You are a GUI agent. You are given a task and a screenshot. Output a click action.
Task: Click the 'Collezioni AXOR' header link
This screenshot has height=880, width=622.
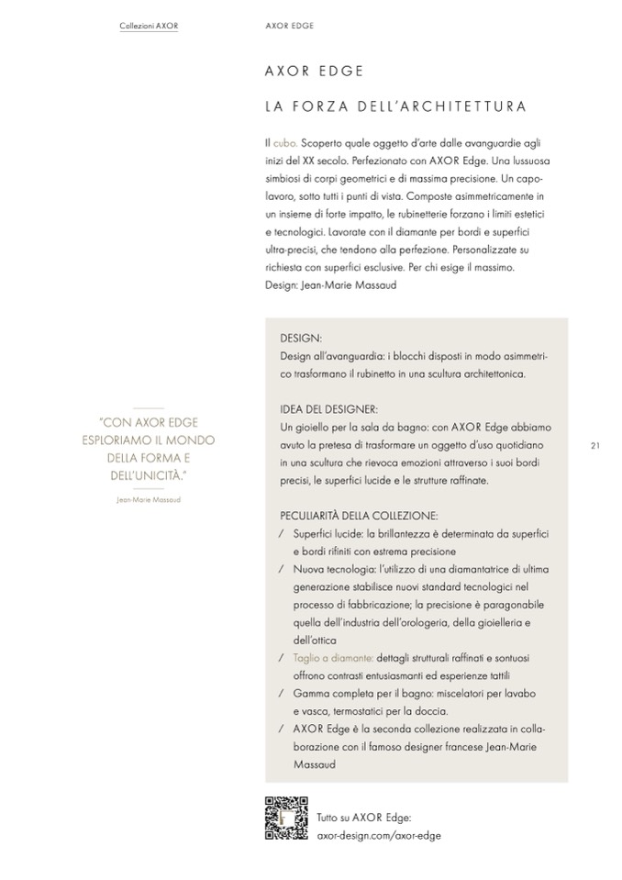pos(149,26)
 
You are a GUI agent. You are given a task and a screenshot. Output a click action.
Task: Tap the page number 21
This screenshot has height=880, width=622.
pos(595,446)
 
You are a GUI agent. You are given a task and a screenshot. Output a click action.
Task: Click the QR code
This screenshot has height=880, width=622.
pos(284,818)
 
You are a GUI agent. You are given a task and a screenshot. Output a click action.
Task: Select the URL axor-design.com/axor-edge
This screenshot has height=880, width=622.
pos(378,836)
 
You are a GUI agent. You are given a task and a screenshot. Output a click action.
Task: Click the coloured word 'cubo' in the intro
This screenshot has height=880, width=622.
pos(284,144)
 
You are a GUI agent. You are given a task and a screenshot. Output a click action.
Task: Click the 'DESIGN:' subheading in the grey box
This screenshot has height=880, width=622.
pos(301,338)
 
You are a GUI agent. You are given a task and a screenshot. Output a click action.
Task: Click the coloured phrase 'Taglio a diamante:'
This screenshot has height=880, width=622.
pos(332,658)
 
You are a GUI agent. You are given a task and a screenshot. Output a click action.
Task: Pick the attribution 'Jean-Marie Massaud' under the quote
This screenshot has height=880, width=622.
pos(149,500)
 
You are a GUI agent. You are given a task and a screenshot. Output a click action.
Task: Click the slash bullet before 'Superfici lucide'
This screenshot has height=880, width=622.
pos(280,534)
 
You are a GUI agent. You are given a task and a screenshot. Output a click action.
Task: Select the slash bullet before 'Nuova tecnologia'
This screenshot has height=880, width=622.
pos(280,570)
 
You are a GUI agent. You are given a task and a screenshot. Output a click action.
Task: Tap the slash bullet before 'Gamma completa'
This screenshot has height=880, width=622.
pos(280,694)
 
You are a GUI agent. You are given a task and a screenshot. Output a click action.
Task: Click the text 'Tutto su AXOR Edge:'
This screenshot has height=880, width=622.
pos(363,818)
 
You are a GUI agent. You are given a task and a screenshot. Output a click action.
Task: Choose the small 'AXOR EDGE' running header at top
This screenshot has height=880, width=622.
pos(288,26)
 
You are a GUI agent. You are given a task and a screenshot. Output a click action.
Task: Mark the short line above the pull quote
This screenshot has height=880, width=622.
pos(148,407)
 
